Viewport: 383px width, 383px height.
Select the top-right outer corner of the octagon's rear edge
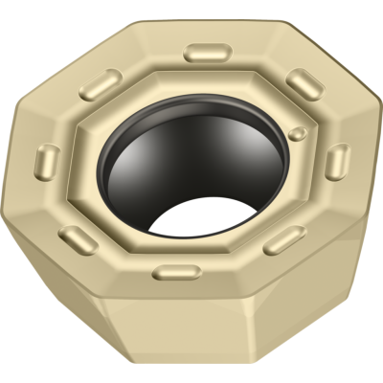(287, 21)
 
